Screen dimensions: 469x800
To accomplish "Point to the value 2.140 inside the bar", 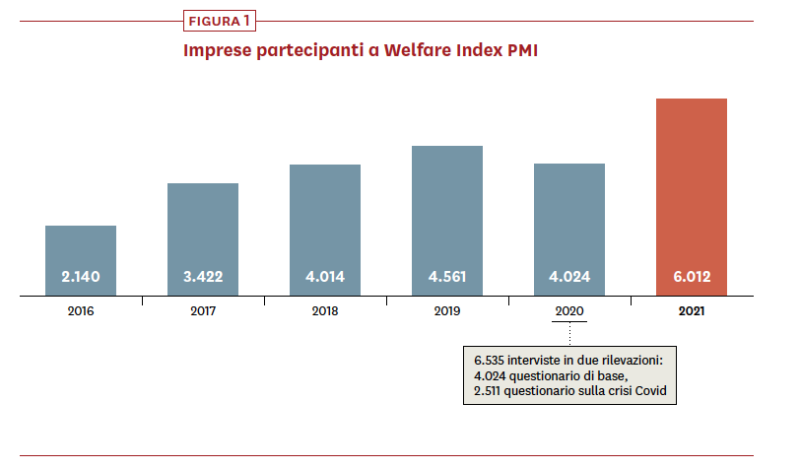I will click(81, 277).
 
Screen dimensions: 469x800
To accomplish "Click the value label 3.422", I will click(203, 277).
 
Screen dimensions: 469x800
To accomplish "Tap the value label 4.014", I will click(325, 277).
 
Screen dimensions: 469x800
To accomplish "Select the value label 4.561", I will click(447, 277).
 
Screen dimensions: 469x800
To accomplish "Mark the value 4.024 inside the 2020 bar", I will click(569, 277).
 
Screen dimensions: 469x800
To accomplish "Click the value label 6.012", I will click(692, 277).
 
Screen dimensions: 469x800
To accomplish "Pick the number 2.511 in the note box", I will click(490, 392).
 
